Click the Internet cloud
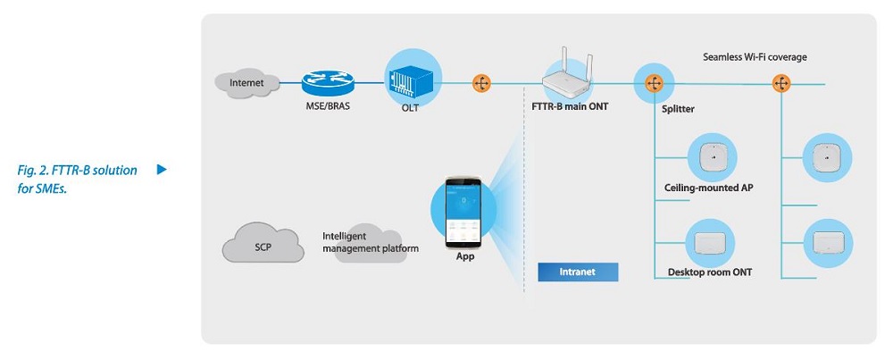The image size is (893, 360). (246, 83)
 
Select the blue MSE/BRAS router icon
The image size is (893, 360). (327, 83)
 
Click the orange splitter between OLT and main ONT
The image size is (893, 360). (481, 83)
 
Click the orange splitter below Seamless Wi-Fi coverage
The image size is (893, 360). (782, 84)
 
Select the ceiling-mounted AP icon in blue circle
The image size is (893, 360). (711, 159)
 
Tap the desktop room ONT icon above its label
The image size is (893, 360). (711, 239)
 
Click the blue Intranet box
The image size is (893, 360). (577, 271)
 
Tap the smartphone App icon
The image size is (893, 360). (464, 215)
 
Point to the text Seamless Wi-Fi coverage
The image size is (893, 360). (755, 57)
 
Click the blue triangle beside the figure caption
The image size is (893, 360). (162, 169)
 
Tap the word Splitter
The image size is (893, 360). (679, 109)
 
